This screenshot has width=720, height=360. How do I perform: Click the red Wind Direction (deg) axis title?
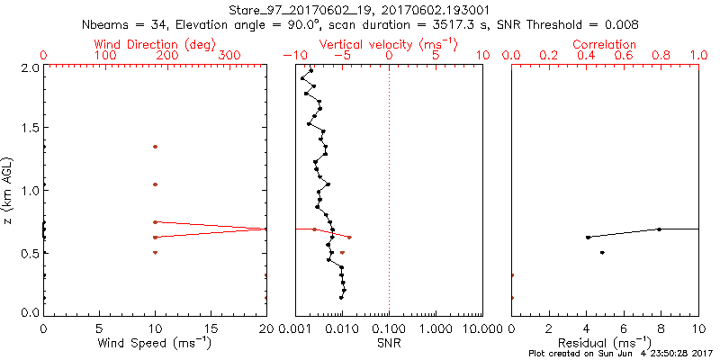point(155,44)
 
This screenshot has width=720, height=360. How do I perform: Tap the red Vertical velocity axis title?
point(389,44)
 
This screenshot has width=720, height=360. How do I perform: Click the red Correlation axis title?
point(605,44)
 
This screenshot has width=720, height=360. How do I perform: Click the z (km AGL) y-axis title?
point(8,190)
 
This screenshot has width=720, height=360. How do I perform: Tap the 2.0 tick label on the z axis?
point(29,67)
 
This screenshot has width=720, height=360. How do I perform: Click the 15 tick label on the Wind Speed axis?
point(211,328)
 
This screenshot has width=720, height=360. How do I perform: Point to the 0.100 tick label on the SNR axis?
point(389,328)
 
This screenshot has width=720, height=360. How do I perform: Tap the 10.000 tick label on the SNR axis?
point(481,328)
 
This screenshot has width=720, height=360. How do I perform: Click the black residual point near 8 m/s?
point(660,229)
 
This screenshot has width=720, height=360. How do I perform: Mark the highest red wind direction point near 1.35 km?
point(155,147)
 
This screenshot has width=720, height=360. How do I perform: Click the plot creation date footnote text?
point(620,353)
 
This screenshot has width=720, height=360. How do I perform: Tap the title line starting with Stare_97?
point(358,10)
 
